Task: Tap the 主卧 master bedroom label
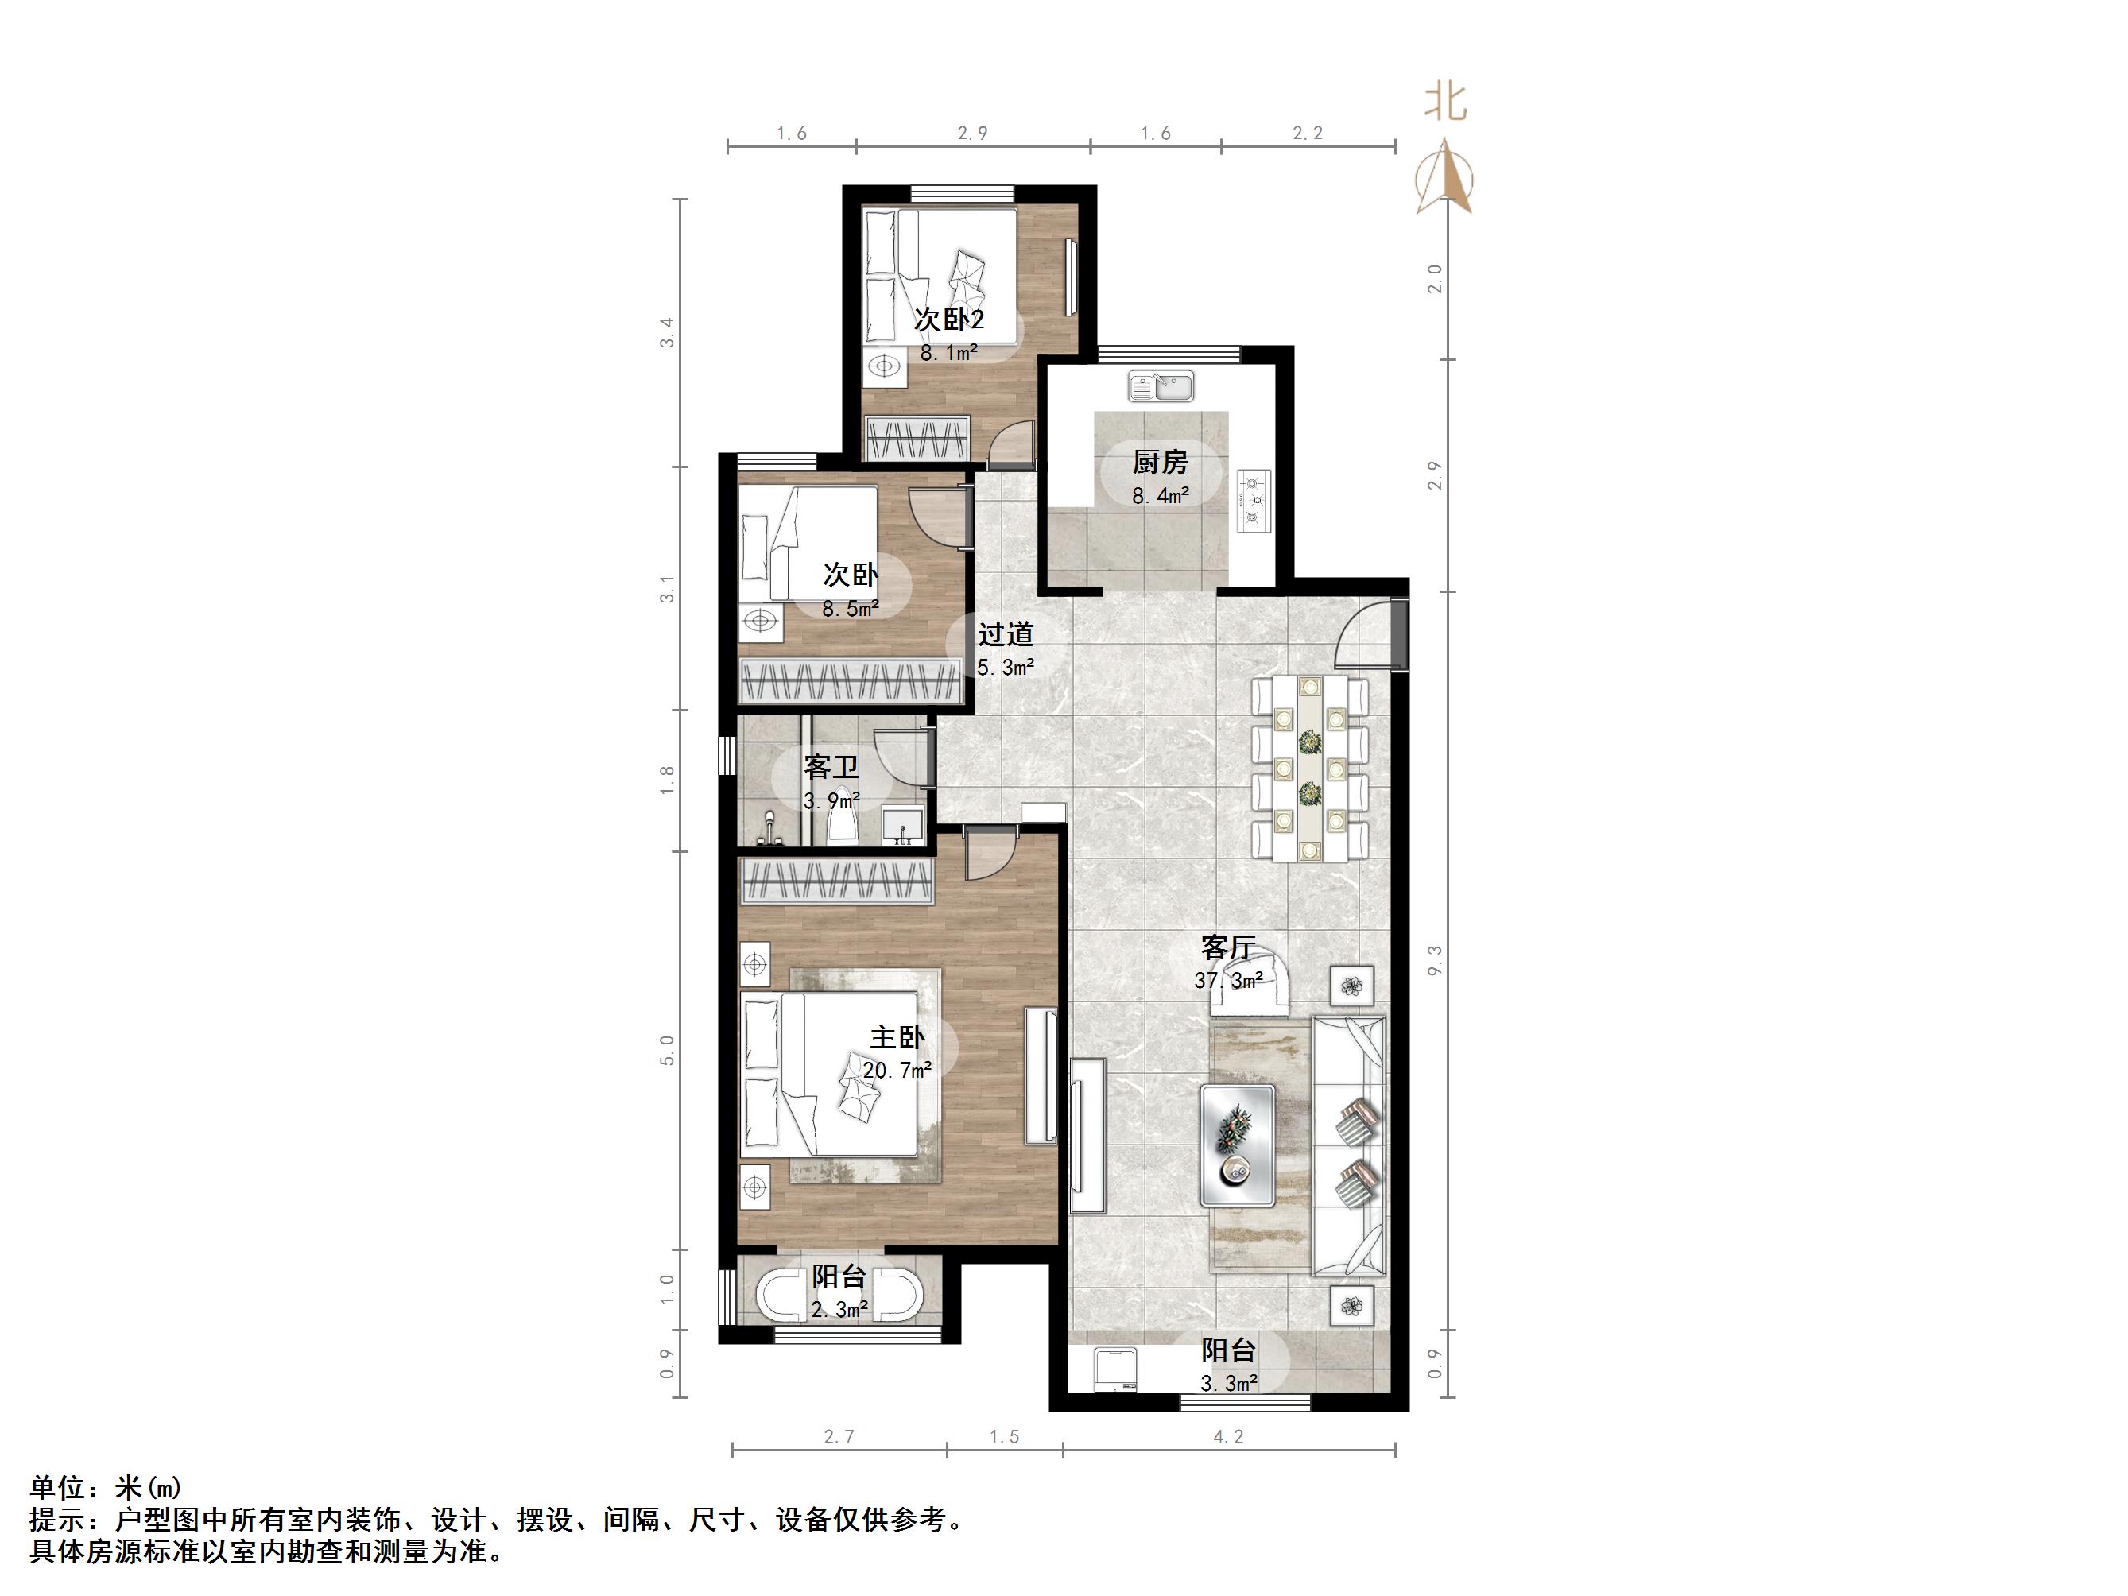[897, 1037]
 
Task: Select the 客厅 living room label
[1227, 947]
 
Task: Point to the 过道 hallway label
[1006, 635]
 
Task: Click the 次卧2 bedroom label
[948, 320]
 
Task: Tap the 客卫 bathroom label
[831, 768]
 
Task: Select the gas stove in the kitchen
[1254, 500]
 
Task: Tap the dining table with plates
[1309, 769]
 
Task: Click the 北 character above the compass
[1445, 101]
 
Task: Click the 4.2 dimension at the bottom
[1228, 1437]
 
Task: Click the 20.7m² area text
[897, 1070]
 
